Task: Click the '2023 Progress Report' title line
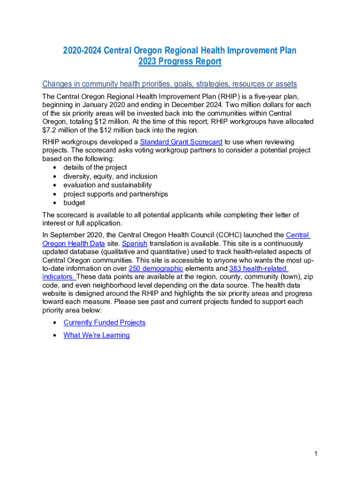[180, 62]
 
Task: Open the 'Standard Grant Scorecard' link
[181, 142]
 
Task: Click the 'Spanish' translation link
[135, 244]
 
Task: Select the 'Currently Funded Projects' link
[104, 323]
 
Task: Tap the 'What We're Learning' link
[96, 335]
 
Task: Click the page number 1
[317, 454]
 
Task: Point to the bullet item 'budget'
[74, 203]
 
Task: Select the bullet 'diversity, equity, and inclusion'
[110, 176]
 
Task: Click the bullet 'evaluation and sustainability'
[108, 185]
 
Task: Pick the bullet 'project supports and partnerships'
[115, 194]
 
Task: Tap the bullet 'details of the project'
[95, 167]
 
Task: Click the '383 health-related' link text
[258, 269]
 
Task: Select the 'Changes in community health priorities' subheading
[170, 84]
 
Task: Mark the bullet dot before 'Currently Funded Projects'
[56, 323]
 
